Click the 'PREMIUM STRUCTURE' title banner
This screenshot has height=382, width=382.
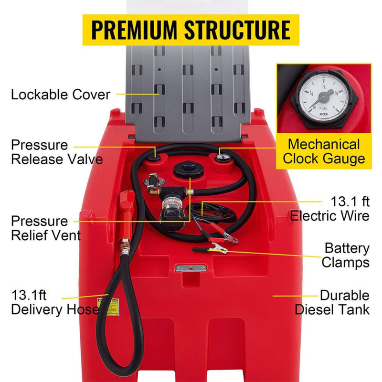coord(191,30)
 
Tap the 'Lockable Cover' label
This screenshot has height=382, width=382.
coord(61,94)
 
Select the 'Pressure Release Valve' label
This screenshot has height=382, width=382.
coord(56,152)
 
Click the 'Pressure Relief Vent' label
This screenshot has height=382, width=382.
coord(46,228)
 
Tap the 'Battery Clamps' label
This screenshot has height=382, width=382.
coord(345,255)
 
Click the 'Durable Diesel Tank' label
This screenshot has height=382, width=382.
coord(332,302)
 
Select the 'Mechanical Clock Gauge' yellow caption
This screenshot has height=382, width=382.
coord(324,151)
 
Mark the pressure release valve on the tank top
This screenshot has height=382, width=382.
coord(156,154)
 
